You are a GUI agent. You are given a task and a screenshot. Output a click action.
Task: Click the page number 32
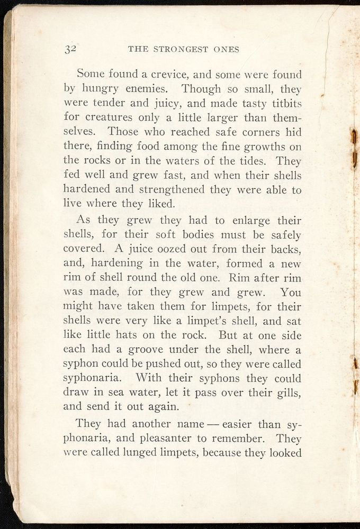tap(71, 49)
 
